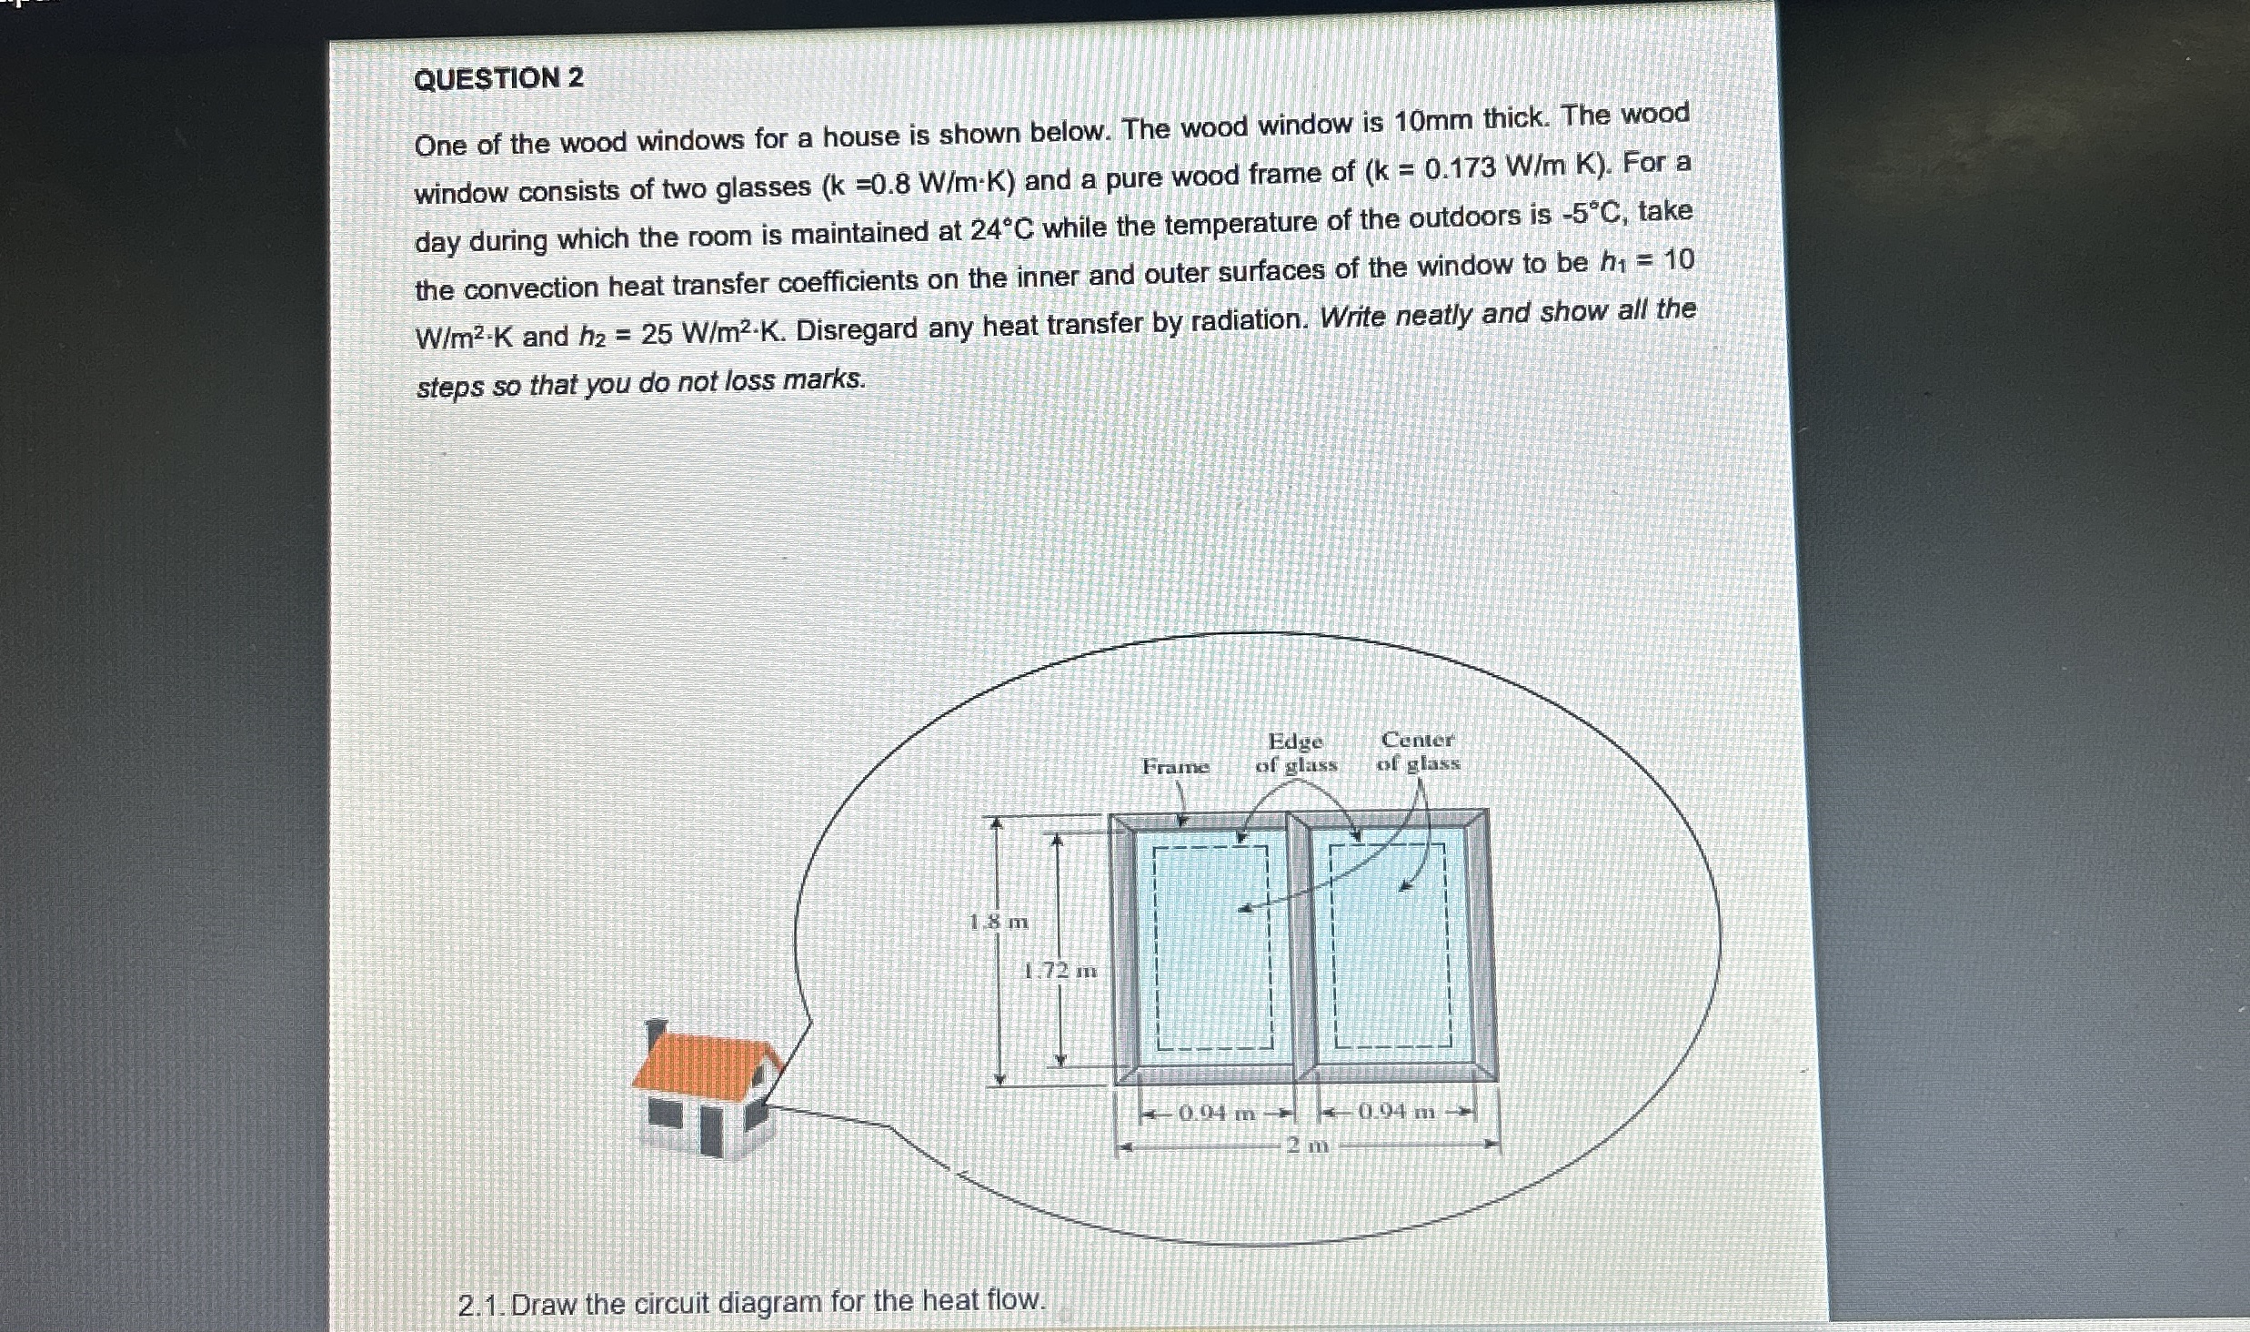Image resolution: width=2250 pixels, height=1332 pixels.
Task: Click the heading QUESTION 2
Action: point(498,78)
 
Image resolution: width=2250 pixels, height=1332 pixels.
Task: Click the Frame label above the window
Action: point(1175,767)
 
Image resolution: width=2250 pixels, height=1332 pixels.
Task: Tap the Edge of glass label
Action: point(1296,752)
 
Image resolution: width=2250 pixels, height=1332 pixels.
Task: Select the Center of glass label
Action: point(1417,752)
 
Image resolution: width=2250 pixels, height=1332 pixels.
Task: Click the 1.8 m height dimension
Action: point(999,922)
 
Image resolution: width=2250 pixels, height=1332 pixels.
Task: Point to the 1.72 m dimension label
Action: point(1060,971)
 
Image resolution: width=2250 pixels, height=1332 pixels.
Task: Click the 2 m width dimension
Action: point(1308,1145)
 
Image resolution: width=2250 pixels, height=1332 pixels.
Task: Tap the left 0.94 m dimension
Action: point(1216,1113)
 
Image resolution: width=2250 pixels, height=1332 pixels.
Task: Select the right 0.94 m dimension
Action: point(1396,1111)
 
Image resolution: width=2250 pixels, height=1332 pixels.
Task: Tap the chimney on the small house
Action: point(655,1034)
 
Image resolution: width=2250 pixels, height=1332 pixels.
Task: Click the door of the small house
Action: point(711,1129)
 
